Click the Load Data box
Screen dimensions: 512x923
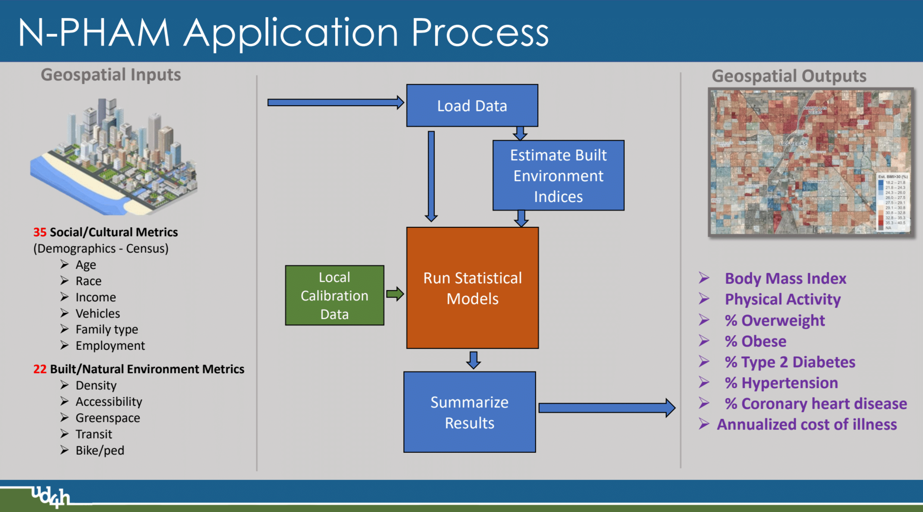click(x=472, y=106)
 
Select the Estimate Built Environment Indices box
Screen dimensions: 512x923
click(x=558, y=175)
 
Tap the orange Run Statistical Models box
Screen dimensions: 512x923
click(x=472, y=288)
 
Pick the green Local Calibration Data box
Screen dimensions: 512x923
click(x=334, y=295)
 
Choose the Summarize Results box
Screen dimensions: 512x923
click(x=469, y=412)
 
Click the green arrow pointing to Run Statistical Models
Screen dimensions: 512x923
click(x=395, y=294)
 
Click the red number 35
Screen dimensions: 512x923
click(x=40, y=232)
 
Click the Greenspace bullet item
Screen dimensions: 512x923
click(x=107, y=418)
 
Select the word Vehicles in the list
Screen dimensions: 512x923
click(x=98, y=313)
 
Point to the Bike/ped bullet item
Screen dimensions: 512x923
click(x=99, y=450)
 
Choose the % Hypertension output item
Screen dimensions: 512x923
click(x=781, y=383)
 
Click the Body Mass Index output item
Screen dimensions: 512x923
click(x=786, y=278)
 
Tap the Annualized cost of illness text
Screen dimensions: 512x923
click(x=806, y=425)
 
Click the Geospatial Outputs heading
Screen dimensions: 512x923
click(x=789, y=76)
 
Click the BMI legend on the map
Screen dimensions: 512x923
click(x=892, y=202)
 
